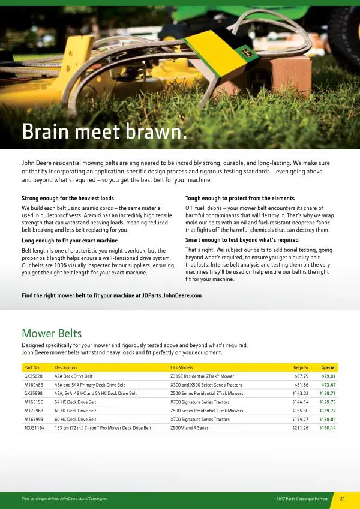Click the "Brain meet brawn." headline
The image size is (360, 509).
click(x=104, y=132)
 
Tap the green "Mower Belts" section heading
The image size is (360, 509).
click(x=52, y=333)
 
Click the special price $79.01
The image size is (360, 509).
click(x=328, y=376)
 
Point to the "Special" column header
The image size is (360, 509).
click(x=328, y=367)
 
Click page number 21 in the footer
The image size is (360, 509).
click(x=343, y=499)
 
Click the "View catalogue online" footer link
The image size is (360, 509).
click(x=64, y=499)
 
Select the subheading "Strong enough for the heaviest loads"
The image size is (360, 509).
click(x=68, y=198)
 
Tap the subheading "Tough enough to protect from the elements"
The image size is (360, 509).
click(x=239, y=198)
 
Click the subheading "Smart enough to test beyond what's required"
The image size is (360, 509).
click(x=241, y=240)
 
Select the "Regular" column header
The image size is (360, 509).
click(x=301, y=367)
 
